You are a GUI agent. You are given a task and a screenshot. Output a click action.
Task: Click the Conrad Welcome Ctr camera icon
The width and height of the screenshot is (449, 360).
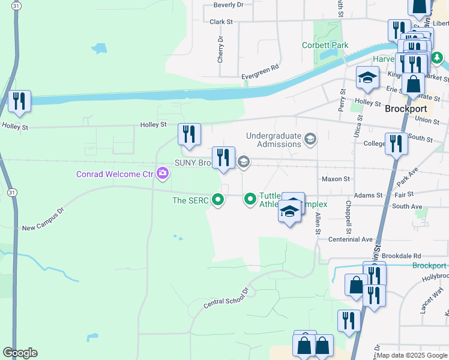162,174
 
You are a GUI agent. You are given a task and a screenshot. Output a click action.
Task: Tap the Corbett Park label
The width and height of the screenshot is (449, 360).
325,46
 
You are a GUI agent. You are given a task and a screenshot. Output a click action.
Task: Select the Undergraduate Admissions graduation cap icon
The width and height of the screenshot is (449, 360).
310,140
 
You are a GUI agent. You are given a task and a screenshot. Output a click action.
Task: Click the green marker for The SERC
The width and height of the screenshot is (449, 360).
219,200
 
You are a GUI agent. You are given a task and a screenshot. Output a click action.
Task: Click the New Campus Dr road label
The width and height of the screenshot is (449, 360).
43,220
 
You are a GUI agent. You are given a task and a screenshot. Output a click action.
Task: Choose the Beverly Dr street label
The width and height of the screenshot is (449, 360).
229,5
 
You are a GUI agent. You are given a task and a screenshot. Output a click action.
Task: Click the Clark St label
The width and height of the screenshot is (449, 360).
221,22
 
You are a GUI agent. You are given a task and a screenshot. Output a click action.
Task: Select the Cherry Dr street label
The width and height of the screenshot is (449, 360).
221,50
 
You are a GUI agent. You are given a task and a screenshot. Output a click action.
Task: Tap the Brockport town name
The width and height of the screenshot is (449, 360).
405,109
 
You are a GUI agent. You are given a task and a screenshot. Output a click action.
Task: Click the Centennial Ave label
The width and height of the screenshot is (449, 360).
351,239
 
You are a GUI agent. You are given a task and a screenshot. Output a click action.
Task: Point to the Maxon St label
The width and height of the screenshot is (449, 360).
336,179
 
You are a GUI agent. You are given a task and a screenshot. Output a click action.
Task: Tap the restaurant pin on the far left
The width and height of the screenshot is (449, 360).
20,100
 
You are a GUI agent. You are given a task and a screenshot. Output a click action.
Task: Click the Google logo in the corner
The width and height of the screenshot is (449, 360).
20,353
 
